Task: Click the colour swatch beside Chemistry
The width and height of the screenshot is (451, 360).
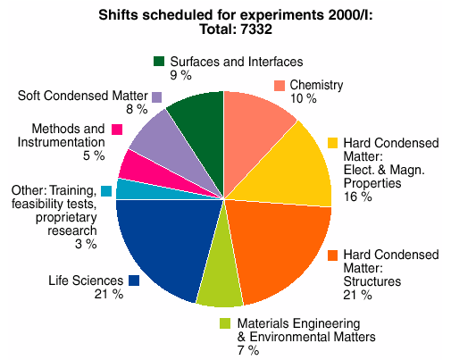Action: pyautogui.click(x=280, y=86)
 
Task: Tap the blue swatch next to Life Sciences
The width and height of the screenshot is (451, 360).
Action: pyautogui.click(x=134, y=280)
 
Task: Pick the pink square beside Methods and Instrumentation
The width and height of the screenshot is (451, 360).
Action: pyautogui.click(x=117, y=130)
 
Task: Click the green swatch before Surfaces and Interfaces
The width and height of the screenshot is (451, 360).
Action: pyautogui.click(x=159, y=62)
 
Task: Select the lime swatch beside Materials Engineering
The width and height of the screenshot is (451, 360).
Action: pyautogui.click(x=226, y=323)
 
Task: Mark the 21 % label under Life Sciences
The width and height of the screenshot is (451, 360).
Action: pyautogui.click(x=108, y=294)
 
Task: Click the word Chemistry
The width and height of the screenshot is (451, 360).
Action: pyautogui.click(x=318, y=85)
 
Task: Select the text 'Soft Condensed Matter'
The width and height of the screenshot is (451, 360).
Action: pyautogui.click(x=81, y=96)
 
